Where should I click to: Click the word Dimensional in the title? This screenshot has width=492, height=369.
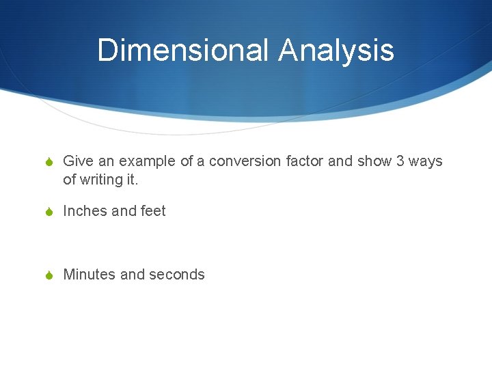[x=183, y=51]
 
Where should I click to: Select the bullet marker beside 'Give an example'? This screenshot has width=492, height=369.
[x=49, y=163]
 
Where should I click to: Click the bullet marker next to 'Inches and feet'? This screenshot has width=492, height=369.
[x=49, y=212]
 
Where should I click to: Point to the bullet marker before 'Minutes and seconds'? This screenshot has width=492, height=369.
[x=49, y=275]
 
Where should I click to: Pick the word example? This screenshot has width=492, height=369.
[x=148, y=162]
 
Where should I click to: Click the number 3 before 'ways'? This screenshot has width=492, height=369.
[x=401, y=162]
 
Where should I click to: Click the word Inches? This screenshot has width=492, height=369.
[x=85, y=211]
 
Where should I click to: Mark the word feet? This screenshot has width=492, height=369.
[x=153, y=211]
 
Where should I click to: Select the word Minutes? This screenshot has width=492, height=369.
[x=89, y=275]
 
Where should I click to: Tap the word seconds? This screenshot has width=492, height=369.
[x=177, y=275]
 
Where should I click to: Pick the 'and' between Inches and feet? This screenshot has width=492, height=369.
[x=124, y=211]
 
